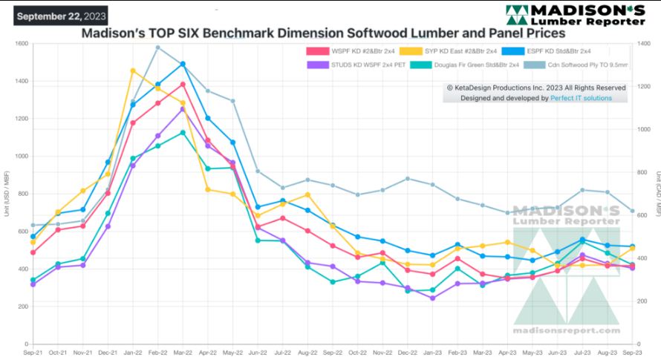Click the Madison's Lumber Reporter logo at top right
(575, 16)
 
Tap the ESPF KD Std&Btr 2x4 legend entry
(550, 51)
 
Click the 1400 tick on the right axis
(643, 44)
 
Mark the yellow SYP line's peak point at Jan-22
(133, 71)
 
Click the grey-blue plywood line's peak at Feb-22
(157, 48)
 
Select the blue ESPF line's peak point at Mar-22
(183, 64)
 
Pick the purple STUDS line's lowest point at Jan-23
(432, 298)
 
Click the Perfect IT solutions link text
(581, 98)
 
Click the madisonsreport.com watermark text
(566, 331)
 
